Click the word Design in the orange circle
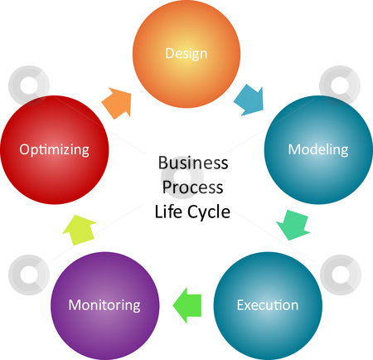[x=186, y=54]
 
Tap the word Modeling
[x=318, y=150]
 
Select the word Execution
[x=268, y=305]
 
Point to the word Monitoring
[x=104, y=305]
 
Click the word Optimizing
[x=54, y=150]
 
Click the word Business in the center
[x=193, y=163]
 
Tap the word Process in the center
[x=192, y=187]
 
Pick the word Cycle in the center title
[x=209, y=212]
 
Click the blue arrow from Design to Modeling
[x=249, y=100]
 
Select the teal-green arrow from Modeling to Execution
[x=293, y=225]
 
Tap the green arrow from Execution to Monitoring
[x=187, y=305]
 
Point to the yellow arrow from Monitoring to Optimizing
[x=80, y=230]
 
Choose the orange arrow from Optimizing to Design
[x=116, y=103]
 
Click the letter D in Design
[x=169, y=53]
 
